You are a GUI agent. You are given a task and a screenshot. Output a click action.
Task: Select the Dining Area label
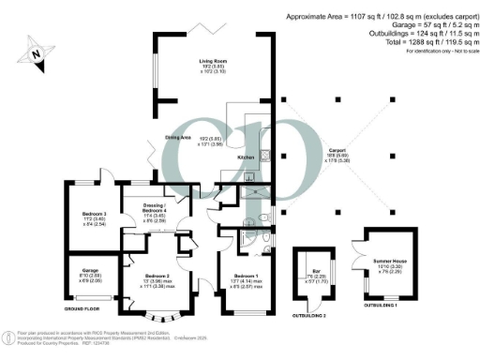[x=179, y=137]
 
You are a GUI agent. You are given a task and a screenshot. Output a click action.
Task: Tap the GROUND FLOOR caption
[x=82, y=307]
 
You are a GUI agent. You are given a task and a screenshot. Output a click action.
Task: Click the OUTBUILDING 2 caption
[x=309, y=317]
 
